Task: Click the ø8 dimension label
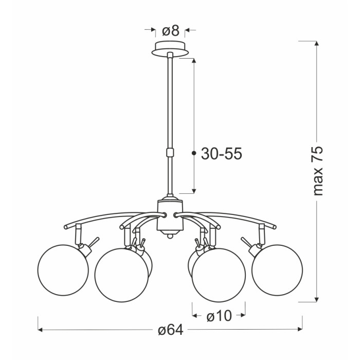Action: pyautogui.click(x=170, y=30)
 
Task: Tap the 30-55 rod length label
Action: pyautogui.click(x=222, y=153)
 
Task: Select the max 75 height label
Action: pyautogui.click(x=318, y=170)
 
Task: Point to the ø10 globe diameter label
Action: pyautogui.click(x=219, y=316)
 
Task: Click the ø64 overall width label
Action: pyautogui.click(x=171, y=330)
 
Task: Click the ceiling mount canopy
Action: pyautogui.click(x=170, y=48)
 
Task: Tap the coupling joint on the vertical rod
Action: pyautogui.click(x=170, y=152)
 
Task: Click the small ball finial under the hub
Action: pyautogui.click(x=170, y=236)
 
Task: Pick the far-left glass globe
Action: pyautogui.click(x=63, y=270)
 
